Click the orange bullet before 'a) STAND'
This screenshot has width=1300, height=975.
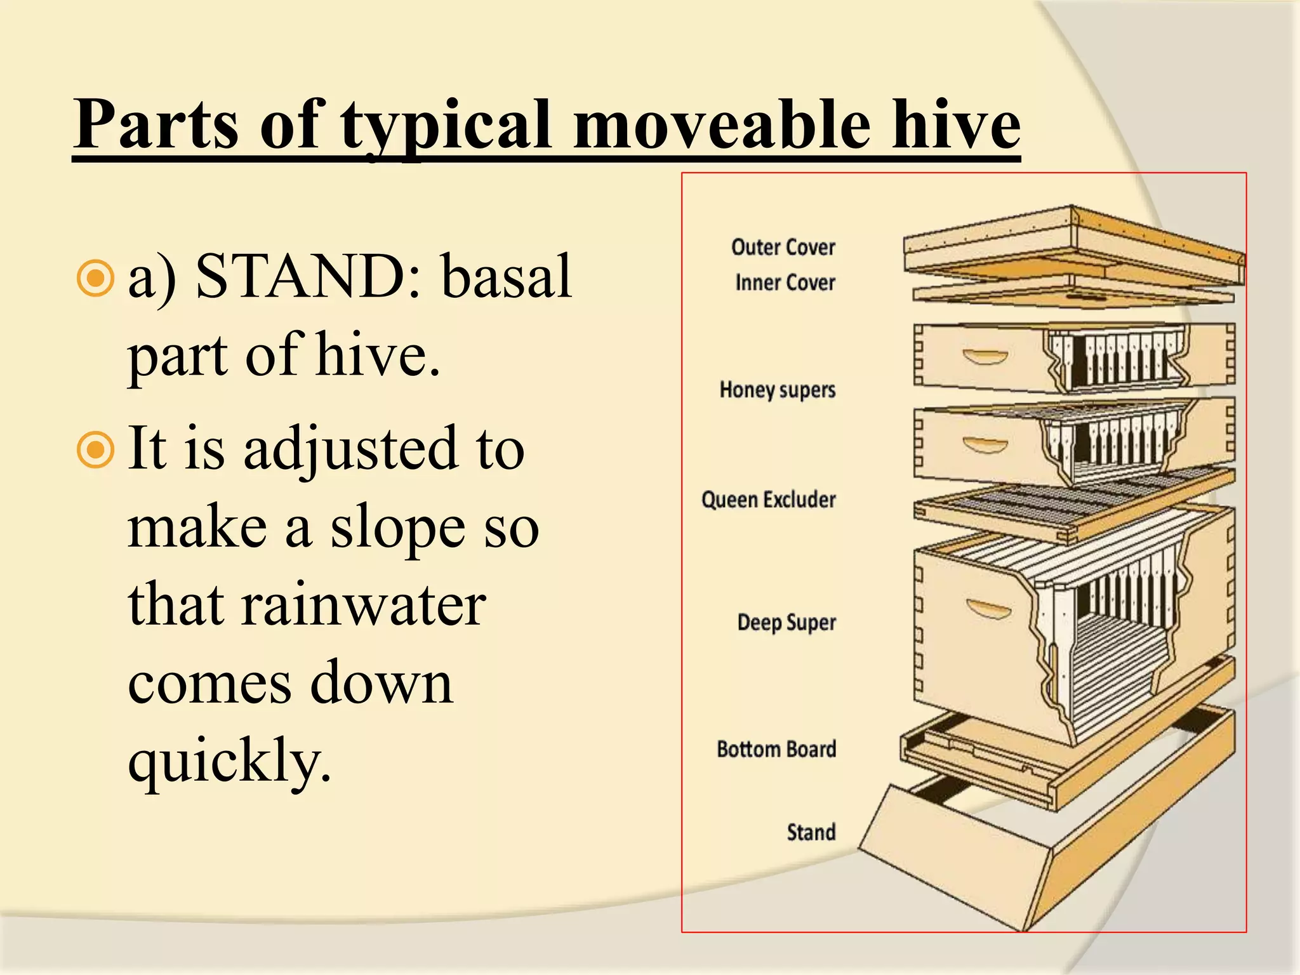tap(95, 277)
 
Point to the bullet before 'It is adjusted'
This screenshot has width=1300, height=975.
tap(95, 449)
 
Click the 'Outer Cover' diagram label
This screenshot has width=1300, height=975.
tap(783, 247)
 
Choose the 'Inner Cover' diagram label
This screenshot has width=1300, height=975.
tap(785, 282)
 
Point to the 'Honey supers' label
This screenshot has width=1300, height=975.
tap(777, 390)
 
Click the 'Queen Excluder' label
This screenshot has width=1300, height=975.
tap(768, 500)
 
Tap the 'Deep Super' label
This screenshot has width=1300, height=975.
tap(786, 623)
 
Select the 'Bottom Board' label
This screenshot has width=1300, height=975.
tap(776, 749)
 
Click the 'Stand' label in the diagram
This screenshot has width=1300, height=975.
tap(811, 832)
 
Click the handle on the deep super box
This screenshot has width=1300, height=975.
tap(988, 610)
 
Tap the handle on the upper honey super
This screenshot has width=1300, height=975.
tap(985, 357)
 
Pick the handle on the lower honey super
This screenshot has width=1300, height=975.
tap(985, 444)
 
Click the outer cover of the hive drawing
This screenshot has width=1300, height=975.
tap(1073, 244)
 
